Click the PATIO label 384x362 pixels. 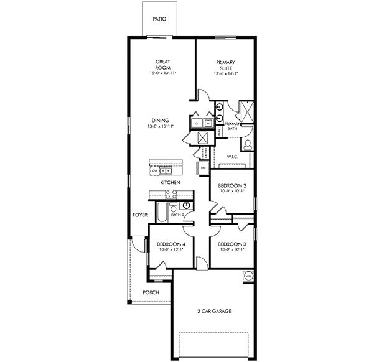click(x=160, y=19)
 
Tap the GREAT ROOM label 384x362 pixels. click(x=163, y=65)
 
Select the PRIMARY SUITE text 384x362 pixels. click(x=225, y=65)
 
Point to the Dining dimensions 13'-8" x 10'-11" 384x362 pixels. click(x=161, y=126)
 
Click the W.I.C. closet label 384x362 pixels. click(x=233, y=157)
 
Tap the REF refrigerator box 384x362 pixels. click(x=203, y=167)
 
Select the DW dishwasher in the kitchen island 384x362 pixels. click(x=155, y=170)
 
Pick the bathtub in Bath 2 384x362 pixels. click(x=160, y=213)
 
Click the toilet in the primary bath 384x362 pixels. click(x=247, y=145)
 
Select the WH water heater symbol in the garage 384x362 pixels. click(x=248, y=275)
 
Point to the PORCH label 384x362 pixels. click(x=151, y=292)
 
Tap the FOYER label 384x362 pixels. click(x=139, y=215)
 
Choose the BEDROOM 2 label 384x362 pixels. click(x=231, y=186)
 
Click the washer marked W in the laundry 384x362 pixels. click(x=208, y=123)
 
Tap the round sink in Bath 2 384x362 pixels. click(x=185, y=205)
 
